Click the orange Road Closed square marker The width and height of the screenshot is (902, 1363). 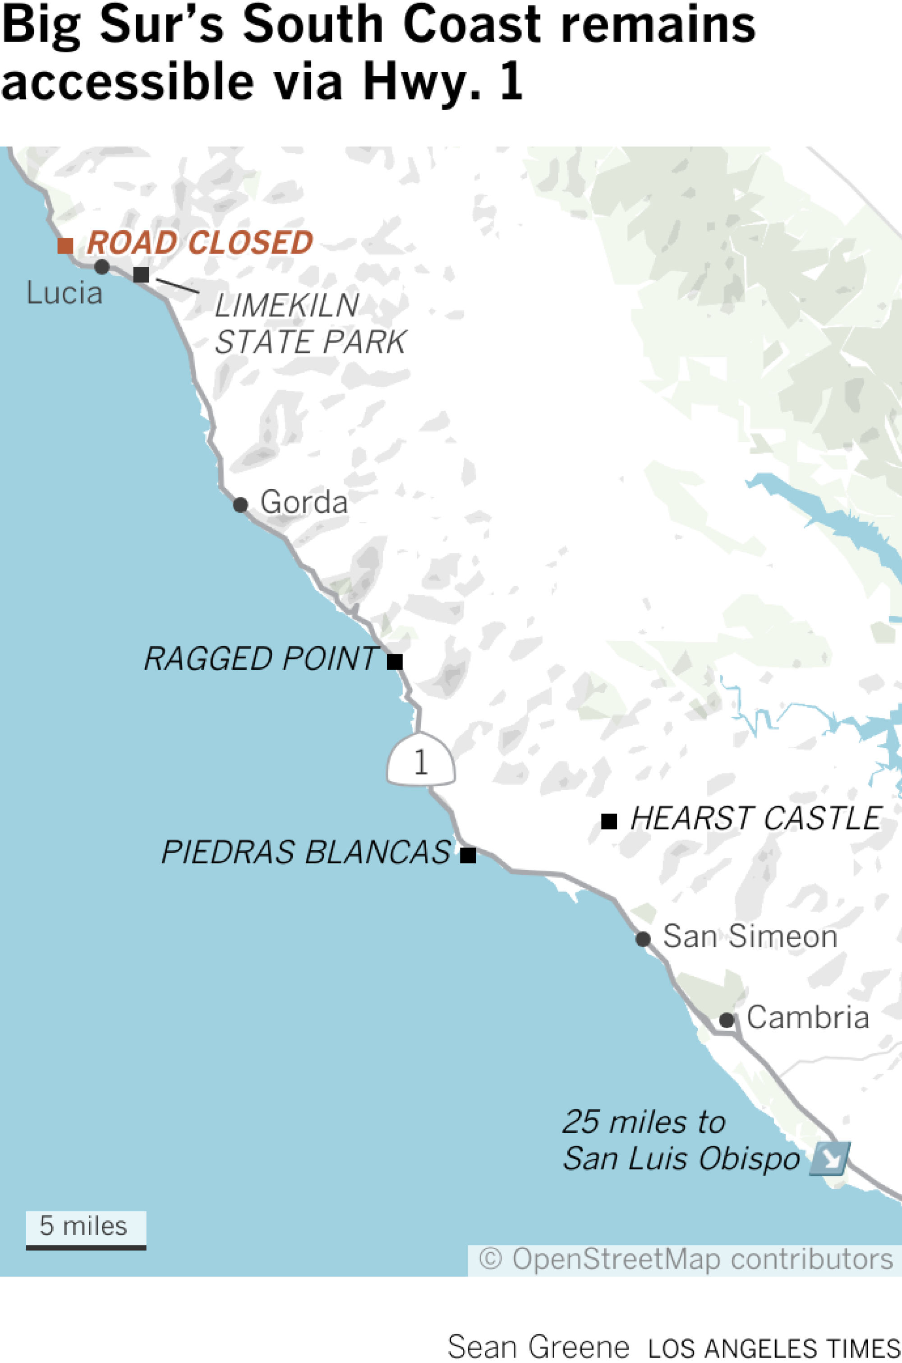[x=65, y=246]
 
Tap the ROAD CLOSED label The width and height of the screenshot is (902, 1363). [x=200, y=242]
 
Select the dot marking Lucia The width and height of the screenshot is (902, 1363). [x=102, y=266]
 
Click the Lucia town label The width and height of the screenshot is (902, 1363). [x=64, y=293]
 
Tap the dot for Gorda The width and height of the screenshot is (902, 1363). [x=240, y=505]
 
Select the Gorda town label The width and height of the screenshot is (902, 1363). [x=304, y=502]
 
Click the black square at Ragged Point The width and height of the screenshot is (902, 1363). [x=395, y=662]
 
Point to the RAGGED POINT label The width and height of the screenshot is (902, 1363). [x=261, y=658]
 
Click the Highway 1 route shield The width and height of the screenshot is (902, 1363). [x=420, y=761]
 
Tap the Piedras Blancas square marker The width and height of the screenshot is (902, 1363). [x=468, y=855]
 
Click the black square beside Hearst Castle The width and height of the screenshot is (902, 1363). [x=609, y=821]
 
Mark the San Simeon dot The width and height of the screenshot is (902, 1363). [x=643, y=939]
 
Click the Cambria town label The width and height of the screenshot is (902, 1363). [x=807, y=1017]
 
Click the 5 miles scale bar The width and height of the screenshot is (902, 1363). [x=86, y=1231]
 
